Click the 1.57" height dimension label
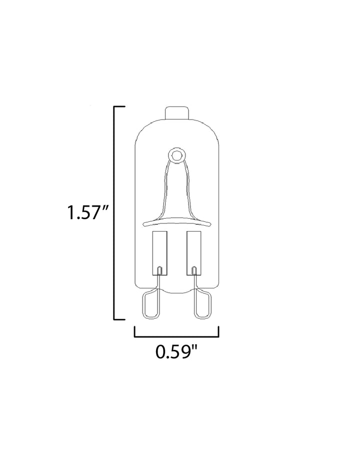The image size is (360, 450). tap(87, 213)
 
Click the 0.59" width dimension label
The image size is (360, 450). tap(177, 352)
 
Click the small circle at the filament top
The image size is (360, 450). tap(177, 156)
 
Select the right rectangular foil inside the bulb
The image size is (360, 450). tap(194, 253)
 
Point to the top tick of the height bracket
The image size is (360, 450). tap(119, 107)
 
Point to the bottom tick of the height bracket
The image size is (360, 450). tap(119, 319)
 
